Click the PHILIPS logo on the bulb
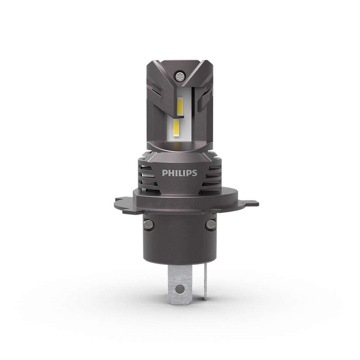(180, 173)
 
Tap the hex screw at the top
(180, 73)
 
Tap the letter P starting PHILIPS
(164, 173)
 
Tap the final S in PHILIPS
(195, 173)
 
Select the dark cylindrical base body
(179, 238)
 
